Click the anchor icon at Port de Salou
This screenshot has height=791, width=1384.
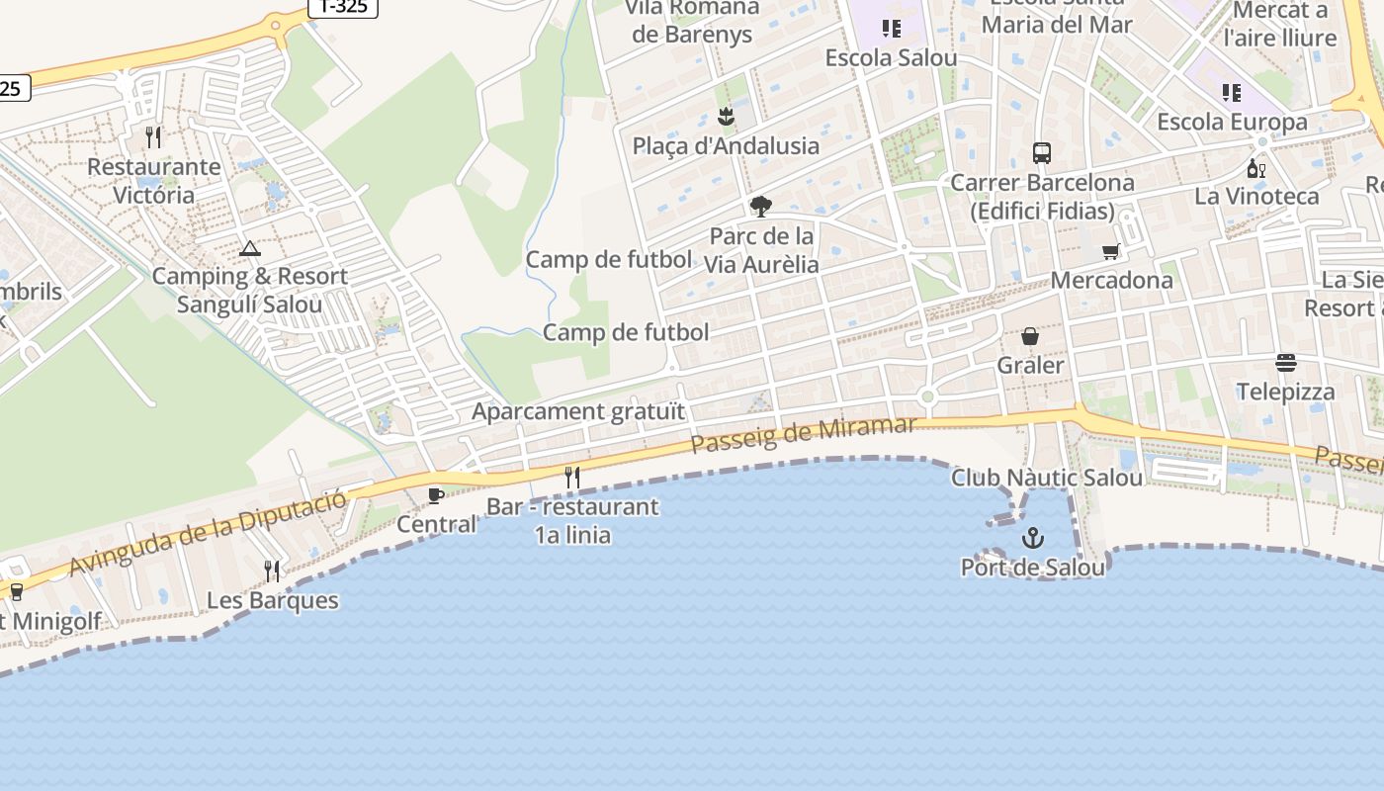click(1032, 539)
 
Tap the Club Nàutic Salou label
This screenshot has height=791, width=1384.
click(1047, 478)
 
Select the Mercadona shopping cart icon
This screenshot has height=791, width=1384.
click(1111, 252)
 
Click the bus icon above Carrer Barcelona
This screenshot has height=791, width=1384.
click(1042, 153)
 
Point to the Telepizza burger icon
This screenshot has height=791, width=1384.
click(1285, 363)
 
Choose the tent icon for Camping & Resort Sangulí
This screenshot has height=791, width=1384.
click(249, 248)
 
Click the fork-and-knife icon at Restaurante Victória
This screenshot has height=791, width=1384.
click(153, 136)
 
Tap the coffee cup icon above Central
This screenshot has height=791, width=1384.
click(435, 495)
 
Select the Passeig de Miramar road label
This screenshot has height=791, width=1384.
click(804, 434)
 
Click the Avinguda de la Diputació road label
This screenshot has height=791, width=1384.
click(209, 531)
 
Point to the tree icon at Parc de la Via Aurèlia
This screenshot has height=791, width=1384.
click(760, 207)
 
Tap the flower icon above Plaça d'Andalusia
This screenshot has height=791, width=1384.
click(727, 117)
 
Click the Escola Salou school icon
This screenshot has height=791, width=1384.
click(892, 29)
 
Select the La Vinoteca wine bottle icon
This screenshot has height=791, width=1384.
click(1256, 168)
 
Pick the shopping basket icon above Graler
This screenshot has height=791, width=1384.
click(1030, 336)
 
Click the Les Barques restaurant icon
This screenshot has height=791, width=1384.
click(272, 571)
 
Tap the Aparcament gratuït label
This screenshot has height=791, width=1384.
click(578, 411)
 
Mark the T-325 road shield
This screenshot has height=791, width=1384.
click(343, 7)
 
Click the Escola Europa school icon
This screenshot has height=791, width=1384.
click(1232, 93)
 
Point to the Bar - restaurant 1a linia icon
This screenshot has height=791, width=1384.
click(571, 478)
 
